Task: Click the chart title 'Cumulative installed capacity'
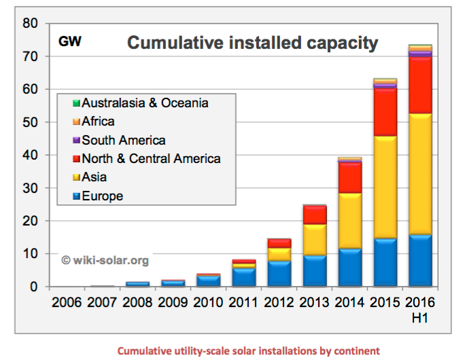pos(252,43)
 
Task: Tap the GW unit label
pos(70,41)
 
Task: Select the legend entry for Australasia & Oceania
pos(145,104)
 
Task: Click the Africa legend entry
pos(98,122)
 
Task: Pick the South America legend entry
pos(123,141)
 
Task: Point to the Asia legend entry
pos(94,177)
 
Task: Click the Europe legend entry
pos(103,196)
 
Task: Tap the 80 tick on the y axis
pos(29,23)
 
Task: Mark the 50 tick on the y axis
pos(29,122)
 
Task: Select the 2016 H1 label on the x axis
pos(420,307)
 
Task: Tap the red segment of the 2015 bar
pos(385,112)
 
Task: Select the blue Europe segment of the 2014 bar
pos(349,268)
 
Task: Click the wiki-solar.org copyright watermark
pos(105,259)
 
